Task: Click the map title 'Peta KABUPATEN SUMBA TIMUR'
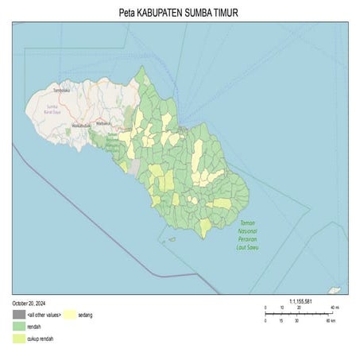(180, 14)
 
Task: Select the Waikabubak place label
(81, 126)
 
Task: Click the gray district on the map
(134, 168)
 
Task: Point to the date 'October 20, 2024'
(29, 304)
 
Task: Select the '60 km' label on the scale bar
(330, 321)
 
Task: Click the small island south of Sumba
(171, 238)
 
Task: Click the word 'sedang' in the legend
(86, 315)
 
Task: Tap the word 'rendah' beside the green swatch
(34, 327)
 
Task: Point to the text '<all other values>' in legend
(43, 315)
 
